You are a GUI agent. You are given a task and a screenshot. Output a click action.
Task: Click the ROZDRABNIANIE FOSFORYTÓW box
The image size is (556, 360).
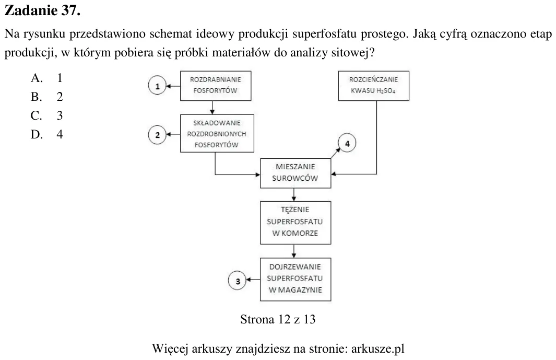[216, 86]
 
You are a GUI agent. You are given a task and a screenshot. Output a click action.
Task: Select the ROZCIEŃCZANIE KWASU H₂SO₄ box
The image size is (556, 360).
[374, 86]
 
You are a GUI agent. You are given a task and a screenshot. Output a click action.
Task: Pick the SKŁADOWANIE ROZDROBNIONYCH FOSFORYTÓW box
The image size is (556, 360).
[217, 133]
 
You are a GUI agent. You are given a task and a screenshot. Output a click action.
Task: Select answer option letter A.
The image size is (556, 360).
[37, 78]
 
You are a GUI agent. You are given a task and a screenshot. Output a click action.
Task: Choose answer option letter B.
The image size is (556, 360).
[37, 97]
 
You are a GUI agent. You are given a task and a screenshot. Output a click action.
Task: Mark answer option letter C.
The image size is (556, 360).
[37, 115]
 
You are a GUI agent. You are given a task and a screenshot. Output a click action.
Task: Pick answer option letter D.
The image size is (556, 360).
[37, 134]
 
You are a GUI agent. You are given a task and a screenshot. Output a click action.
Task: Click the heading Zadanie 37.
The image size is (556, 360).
[43, 10]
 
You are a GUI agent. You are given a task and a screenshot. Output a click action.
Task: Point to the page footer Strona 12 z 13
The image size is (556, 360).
[278, 319]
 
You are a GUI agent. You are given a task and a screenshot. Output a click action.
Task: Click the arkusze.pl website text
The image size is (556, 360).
[377, 349]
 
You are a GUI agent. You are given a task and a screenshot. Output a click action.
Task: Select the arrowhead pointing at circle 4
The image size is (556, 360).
[338, 150]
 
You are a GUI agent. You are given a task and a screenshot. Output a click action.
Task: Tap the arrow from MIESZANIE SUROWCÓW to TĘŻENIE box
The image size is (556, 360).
[294, 194]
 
